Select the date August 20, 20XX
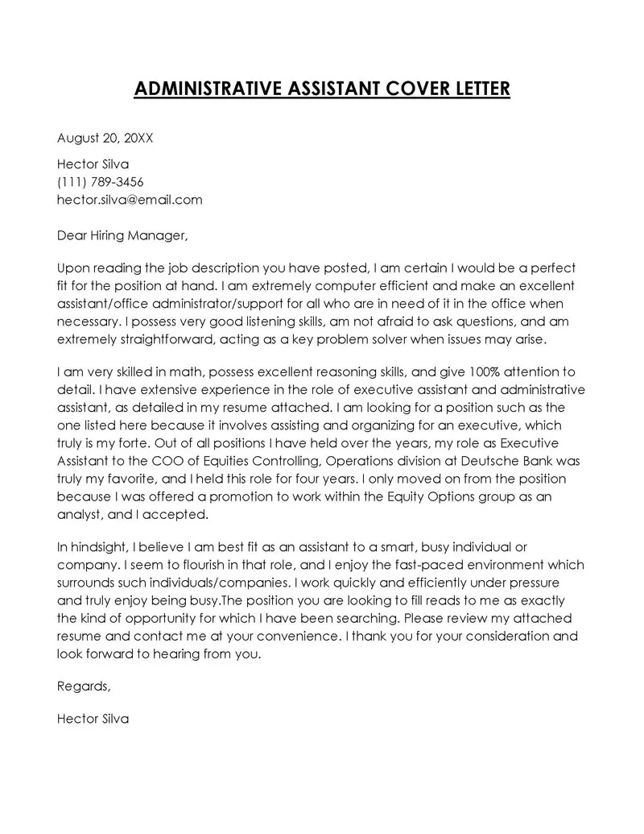pos(105,138)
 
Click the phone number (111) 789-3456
pos(101,181)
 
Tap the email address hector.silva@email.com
pos(130,199)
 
